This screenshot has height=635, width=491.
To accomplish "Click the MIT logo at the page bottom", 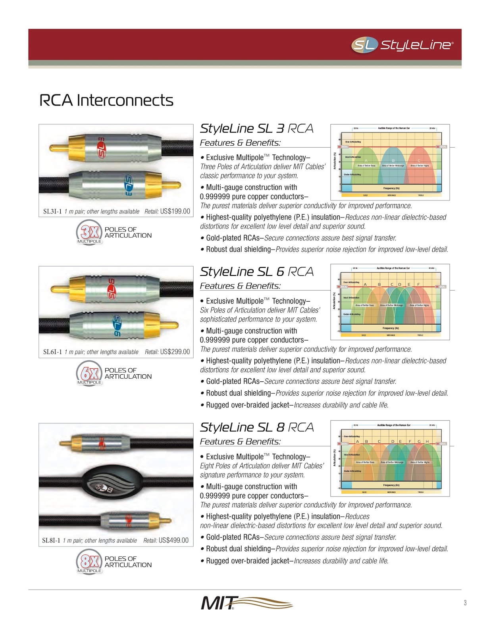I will [x=246, y=603].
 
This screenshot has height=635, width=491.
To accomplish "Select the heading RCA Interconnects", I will [x=106, y=100].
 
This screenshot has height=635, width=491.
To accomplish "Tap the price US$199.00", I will [x=175, y=212].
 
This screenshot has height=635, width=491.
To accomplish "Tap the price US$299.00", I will [x=175, y=352].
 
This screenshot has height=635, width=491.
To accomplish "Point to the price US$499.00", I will [x=173, y=540].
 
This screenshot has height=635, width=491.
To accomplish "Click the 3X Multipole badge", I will [x=89, y=233].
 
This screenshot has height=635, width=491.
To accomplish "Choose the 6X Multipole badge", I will [x=89, y=373].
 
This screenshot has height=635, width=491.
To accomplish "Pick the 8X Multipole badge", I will [x=89, y=562].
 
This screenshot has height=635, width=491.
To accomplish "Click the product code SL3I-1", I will [x=52, y=212].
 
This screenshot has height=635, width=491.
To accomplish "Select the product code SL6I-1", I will [x=52, y=352].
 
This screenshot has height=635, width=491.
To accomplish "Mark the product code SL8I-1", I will [x=51, y=541].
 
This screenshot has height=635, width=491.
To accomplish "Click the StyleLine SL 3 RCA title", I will [x=256, y=129].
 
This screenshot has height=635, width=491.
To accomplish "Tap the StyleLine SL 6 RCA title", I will [x=256, y=272].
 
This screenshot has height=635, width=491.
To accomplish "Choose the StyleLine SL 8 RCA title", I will [x=256, y=427].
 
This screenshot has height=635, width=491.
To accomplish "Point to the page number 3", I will [x=465, y=603].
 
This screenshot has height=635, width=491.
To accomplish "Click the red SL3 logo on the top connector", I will [x=102, y=148].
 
